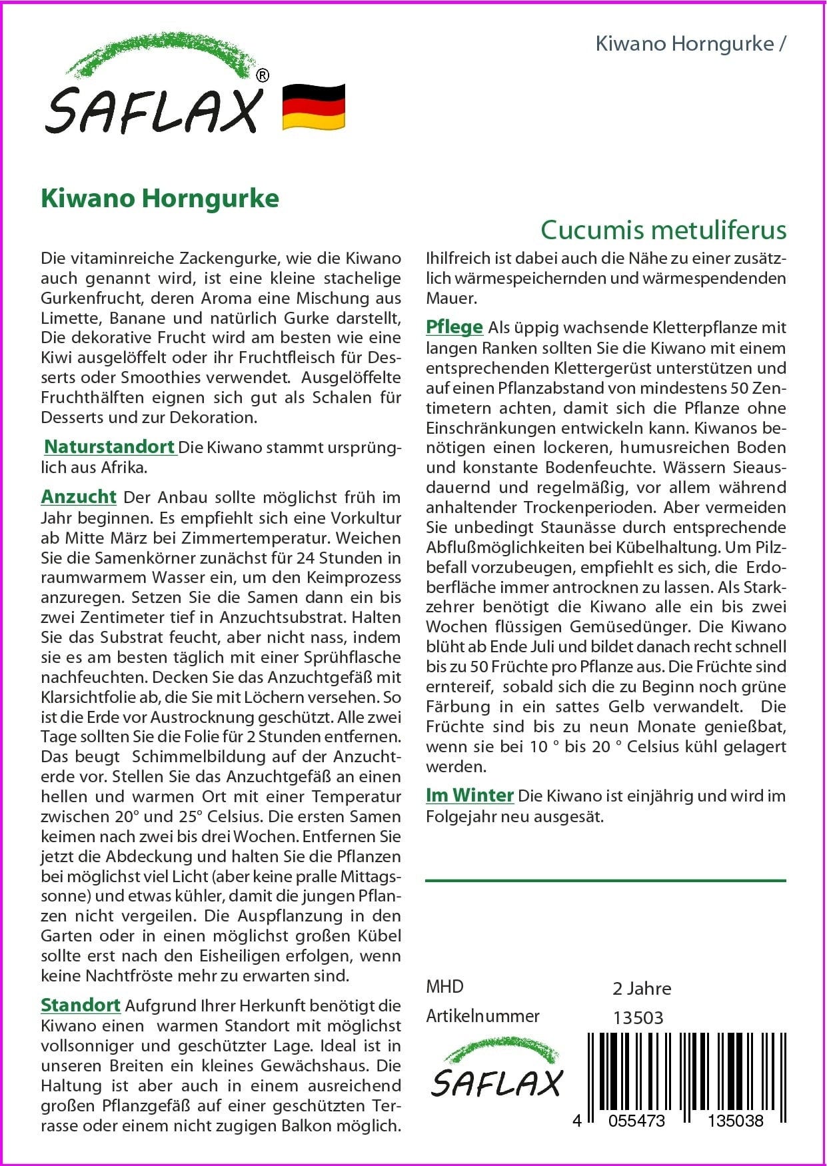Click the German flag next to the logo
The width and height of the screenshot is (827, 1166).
tap(313, 107)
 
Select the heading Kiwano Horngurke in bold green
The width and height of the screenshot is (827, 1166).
tap(160, 199)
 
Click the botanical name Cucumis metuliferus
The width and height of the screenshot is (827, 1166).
tap(663, 230)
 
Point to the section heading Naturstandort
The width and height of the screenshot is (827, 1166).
tap(109, 446)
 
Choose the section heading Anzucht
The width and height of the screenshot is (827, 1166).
tap(79, 497)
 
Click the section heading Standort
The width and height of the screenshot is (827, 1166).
tap(81, 1005)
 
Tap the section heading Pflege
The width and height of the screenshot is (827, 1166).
tap(454, 327)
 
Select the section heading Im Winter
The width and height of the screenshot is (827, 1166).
tap(470, 796)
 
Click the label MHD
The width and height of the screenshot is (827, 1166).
tap(444, 987)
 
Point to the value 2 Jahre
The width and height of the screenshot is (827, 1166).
tap(642, 988)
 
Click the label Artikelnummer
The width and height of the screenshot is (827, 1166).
tap(482, 1016)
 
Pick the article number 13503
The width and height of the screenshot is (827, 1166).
tap(638, 1017)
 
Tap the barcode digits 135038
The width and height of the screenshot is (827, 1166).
tap(736, 1121)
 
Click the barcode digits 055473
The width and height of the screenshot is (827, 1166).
tap(637, 1121)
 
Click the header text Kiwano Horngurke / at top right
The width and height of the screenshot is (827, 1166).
tap(690, 44)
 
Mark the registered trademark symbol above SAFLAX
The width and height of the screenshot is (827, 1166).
tap(263, 76)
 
